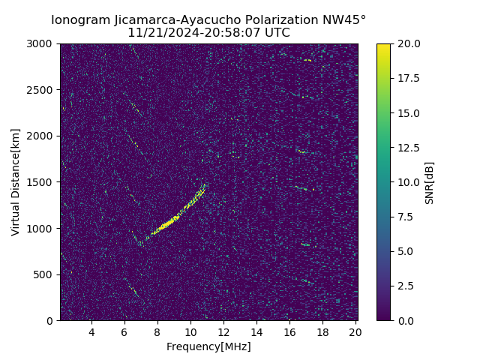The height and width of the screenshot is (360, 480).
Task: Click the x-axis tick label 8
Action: coord(157,332)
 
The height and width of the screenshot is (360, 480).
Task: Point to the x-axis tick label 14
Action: coord(256,332)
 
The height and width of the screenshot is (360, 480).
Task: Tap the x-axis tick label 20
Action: coord(355,332)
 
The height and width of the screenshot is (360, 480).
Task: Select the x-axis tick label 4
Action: coord(91,332)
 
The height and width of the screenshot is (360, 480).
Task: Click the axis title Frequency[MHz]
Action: coord(208,346)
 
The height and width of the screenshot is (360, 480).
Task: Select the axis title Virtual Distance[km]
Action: coord(16,182)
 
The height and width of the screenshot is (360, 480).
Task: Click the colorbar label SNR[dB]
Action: coord(430,182)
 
